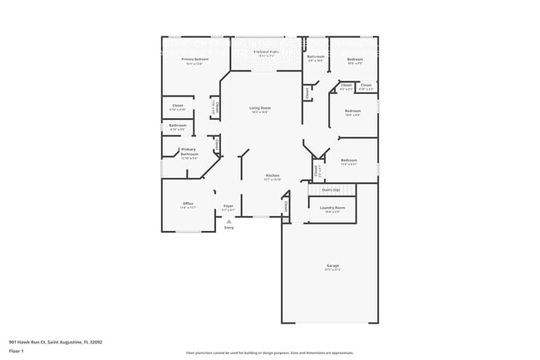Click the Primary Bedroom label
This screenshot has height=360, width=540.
195,60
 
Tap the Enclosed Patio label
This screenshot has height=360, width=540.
266,52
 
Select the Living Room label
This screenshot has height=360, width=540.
260,108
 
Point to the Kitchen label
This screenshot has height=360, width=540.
272,175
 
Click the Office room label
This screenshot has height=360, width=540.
188,204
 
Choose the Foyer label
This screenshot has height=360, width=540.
228,206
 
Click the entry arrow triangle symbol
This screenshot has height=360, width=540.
228,221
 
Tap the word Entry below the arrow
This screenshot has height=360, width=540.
228,228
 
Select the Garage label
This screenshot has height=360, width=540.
332,266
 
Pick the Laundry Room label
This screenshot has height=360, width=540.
332,208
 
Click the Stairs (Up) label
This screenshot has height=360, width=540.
331,190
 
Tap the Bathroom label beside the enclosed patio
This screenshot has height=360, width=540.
316,57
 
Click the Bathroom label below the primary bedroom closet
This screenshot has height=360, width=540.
178,126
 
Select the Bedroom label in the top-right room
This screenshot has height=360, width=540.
354,60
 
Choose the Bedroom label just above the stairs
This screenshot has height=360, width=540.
348,160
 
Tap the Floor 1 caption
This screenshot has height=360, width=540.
17,351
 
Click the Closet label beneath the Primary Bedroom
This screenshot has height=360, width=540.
178,106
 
